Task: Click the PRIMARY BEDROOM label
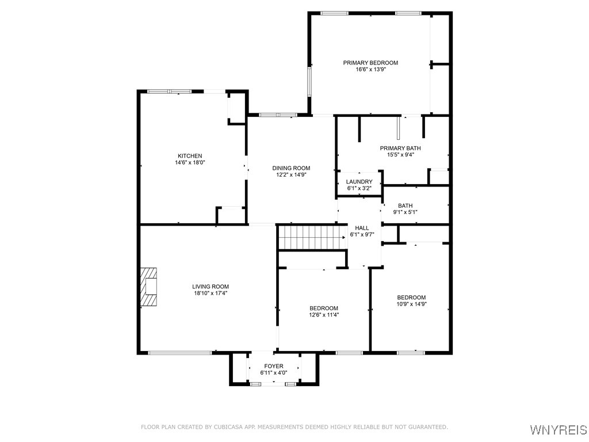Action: click(x=370, y=63)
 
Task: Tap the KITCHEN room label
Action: click(x=190, y=156)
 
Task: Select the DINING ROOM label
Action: click(x=291, y=169)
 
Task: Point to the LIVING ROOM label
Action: click(x=211, y=287)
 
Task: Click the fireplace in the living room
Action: click(x=148, y=287)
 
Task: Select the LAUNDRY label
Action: click(x=359, y=182)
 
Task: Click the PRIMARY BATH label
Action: click(x=400, y=148)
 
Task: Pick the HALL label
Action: click(x=362, y=228)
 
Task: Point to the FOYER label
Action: click(x=274, y=367)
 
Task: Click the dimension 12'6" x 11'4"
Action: click(x=324, y=315)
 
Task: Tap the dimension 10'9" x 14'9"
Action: click(x=411, y=304)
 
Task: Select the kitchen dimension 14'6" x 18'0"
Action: click(x=190, y=163)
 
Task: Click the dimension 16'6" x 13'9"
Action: click(x=370, y=70)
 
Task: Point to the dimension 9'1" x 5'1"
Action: click(x=405, y=212)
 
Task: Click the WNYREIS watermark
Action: click(x=558, y=429)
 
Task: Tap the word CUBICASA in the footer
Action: click(x=228, y=427)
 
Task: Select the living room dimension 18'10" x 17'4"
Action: click(x=211, y=294)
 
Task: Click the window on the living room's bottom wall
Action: click(x=180, y=353)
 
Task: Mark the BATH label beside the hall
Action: click(x=406, y=206)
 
